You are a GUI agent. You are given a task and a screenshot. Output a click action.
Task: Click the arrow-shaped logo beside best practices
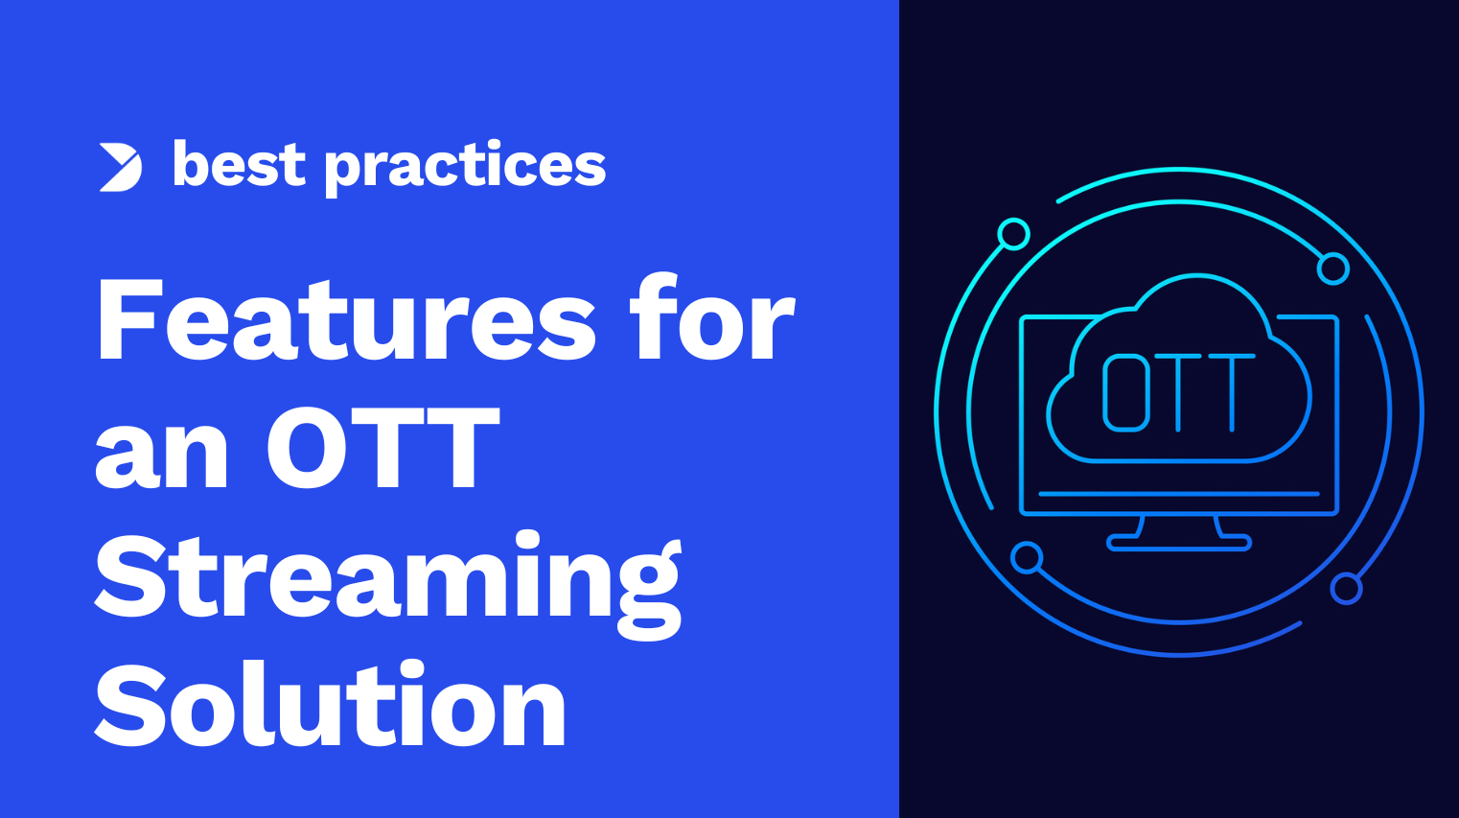click(121, 168)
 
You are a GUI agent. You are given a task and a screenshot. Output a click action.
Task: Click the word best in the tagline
click(239, 163)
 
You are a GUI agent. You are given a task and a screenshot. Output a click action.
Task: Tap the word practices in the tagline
click(465, 167)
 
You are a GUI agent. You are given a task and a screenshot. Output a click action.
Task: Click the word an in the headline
click(162, 448)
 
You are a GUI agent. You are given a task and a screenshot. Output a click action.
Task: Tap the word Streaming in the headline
click(388, 584)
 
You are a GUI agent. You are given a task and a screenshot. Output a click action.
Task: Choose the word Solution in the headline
click(331, 704)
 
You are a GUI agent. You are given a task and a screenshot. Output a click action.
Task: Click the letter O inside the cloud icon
click(1124, 393)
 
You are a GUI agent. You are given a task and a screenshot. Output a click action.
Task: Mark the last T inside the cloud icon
click(1232, 393)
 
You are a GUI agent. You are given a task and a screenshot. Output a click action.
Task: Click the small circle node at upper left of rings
click(1013, 234)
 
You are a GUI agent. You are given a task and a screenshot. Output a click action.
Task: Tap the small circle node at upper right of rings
click(1332, 269)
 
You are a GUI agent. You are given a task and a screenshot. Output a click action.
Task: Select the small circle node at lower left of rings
click(1027, 558)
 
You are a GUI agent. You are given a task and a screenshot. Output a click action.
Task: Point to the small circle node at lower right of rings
click(1346, 589)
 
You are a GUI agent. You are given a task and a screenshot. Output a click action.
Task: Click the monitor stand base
click(1179, 542)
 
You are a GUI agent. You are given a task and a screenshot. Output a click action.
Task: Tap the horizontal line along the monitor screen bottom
click(1179, 494)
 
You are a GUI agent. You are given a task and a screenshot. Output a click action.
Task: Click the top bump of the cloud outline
click(1197, 276)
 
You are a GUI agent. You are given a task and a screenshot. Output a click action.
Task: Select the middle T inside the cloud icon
click(1178, 393)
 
